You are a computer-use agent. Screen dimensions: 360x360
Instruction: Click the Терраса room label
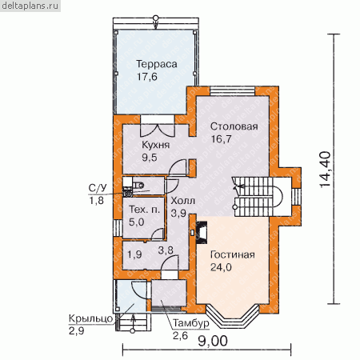[x=157, y=64]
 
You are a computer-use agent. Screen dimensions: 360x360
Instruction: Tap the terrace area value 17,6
[x=147, y=77]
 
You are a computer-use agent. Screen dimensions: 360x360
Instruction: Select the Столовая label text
[x=234, y=126]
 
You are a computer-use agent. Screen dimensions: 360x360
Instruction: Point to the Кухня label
[x=155, y=145]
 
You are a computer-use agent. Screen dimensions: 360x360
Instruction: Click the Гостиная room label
[x=232, y=254]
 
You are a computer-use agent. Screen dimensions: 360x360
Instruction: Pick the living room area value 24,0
[x=221, y=267]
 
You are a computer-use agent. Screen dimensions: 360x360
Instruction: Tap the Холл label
[x=183, y=201]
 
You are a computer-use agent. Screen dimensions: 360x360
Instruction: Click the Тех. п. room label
[x=144, y=210]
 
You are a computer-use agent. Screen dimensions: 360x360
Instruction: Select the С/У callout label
[x=98, y=188]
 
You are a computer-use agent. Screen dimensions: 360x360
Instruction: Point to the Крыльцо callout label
[x=90, y=318]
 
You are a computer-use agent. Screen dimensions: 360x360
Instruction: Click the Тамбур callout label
[x=191, y=323]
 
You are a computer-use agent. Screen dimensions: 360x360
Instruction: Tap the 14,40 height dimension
[x=325, y=170]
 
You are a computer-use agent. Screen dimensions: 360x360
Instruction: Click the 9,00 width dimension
[x=213, y=341]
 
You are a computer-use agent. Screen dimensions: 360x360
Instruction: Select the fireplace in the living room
[x=202, y=233]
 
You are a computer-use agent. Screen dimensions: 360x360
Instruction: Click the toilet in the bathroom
[x=138, y=185]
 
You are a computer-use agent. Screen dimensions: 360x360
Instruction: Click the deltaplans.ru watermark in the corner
[x=30, y=6]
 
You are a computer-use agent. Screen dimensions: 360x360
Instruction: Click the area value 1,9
[x=134, y=254]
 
